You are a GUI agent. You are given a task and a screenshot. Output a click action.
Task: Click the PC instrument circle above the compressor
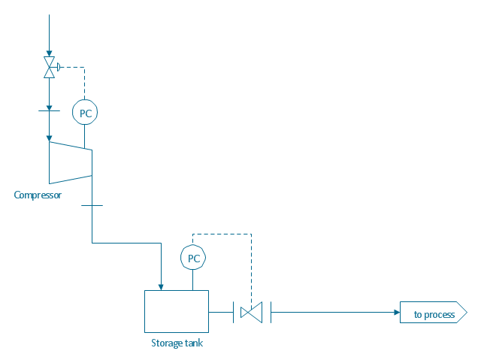coord(84,113)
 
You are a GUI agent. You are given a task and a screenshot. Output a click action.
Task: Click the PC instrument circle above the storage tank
coord(193,258)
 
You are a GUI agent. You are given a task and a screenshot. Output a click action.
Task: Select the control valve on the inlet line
coord(49,67)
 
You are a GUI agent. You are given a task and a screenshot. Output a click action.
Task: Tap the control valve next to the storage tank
coord(251,311)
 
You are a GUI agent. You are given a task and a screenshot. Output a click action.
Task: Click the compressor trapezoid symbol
coord(70,162)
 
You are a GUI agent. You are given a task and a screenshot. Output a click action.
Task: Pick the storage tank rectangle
coord(176,311)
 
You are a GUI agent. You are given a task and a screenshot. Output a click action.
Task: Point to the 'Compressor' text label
coord(38,195)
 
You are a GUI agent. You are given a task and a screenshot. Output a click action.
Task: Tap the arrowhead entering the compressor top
coord(49,138)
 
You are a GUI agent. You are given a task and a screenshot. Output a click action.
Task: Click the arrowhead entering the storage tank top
coord(161,286)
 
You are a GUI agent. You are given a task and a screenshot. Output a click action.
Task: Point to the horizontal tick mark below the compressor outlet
coord(92,205)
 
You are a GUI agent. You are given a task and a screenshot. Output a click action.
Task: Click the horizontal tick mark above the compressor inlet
coord(49,110)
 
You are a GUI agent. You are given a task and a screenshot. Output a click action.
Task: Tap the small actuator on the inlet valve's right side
coord(58,67)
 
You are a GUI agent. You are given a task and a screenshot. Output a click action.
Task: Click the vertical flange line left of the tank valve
coord(233,311)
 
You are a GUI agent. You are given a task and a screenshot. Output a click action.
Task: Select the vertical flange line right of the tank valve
coord(270,311)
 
